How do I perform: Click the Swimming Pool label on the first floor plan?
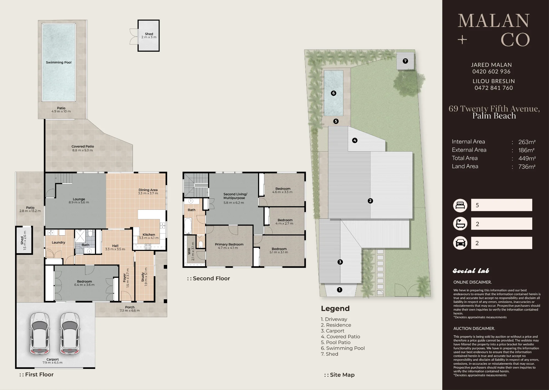tap(58, 62)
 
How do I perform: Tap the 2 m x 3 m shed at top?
tap(149, 35)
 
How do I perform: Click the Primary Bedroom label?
tap(229, 244)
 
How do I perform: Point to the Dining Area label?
tap(148, 190)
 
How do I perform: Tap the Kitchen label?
tap(149, 235)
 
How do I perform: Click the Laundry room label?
tap(58, 242)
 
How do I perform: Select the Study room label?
tap(143, 277)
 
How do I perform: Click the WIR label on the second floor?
tap(189, 251)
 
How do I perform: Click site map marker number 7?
tap(405, 61)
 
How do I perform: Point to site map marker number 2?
tap(370, 201)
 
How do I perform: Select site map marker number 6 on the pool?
tap(334, 93)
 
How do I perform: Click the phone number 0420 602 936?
tap(491, 71)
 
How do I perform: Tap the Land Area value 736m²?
tap(527, 167)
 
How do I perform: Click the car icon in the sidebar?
tap(460, 243)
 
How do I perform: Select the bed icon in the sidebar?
tap(460, 206)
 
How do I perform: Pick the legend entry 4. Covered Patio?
tap(340, 337)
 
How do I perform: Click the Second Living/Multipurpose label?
tap(235, 196)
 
